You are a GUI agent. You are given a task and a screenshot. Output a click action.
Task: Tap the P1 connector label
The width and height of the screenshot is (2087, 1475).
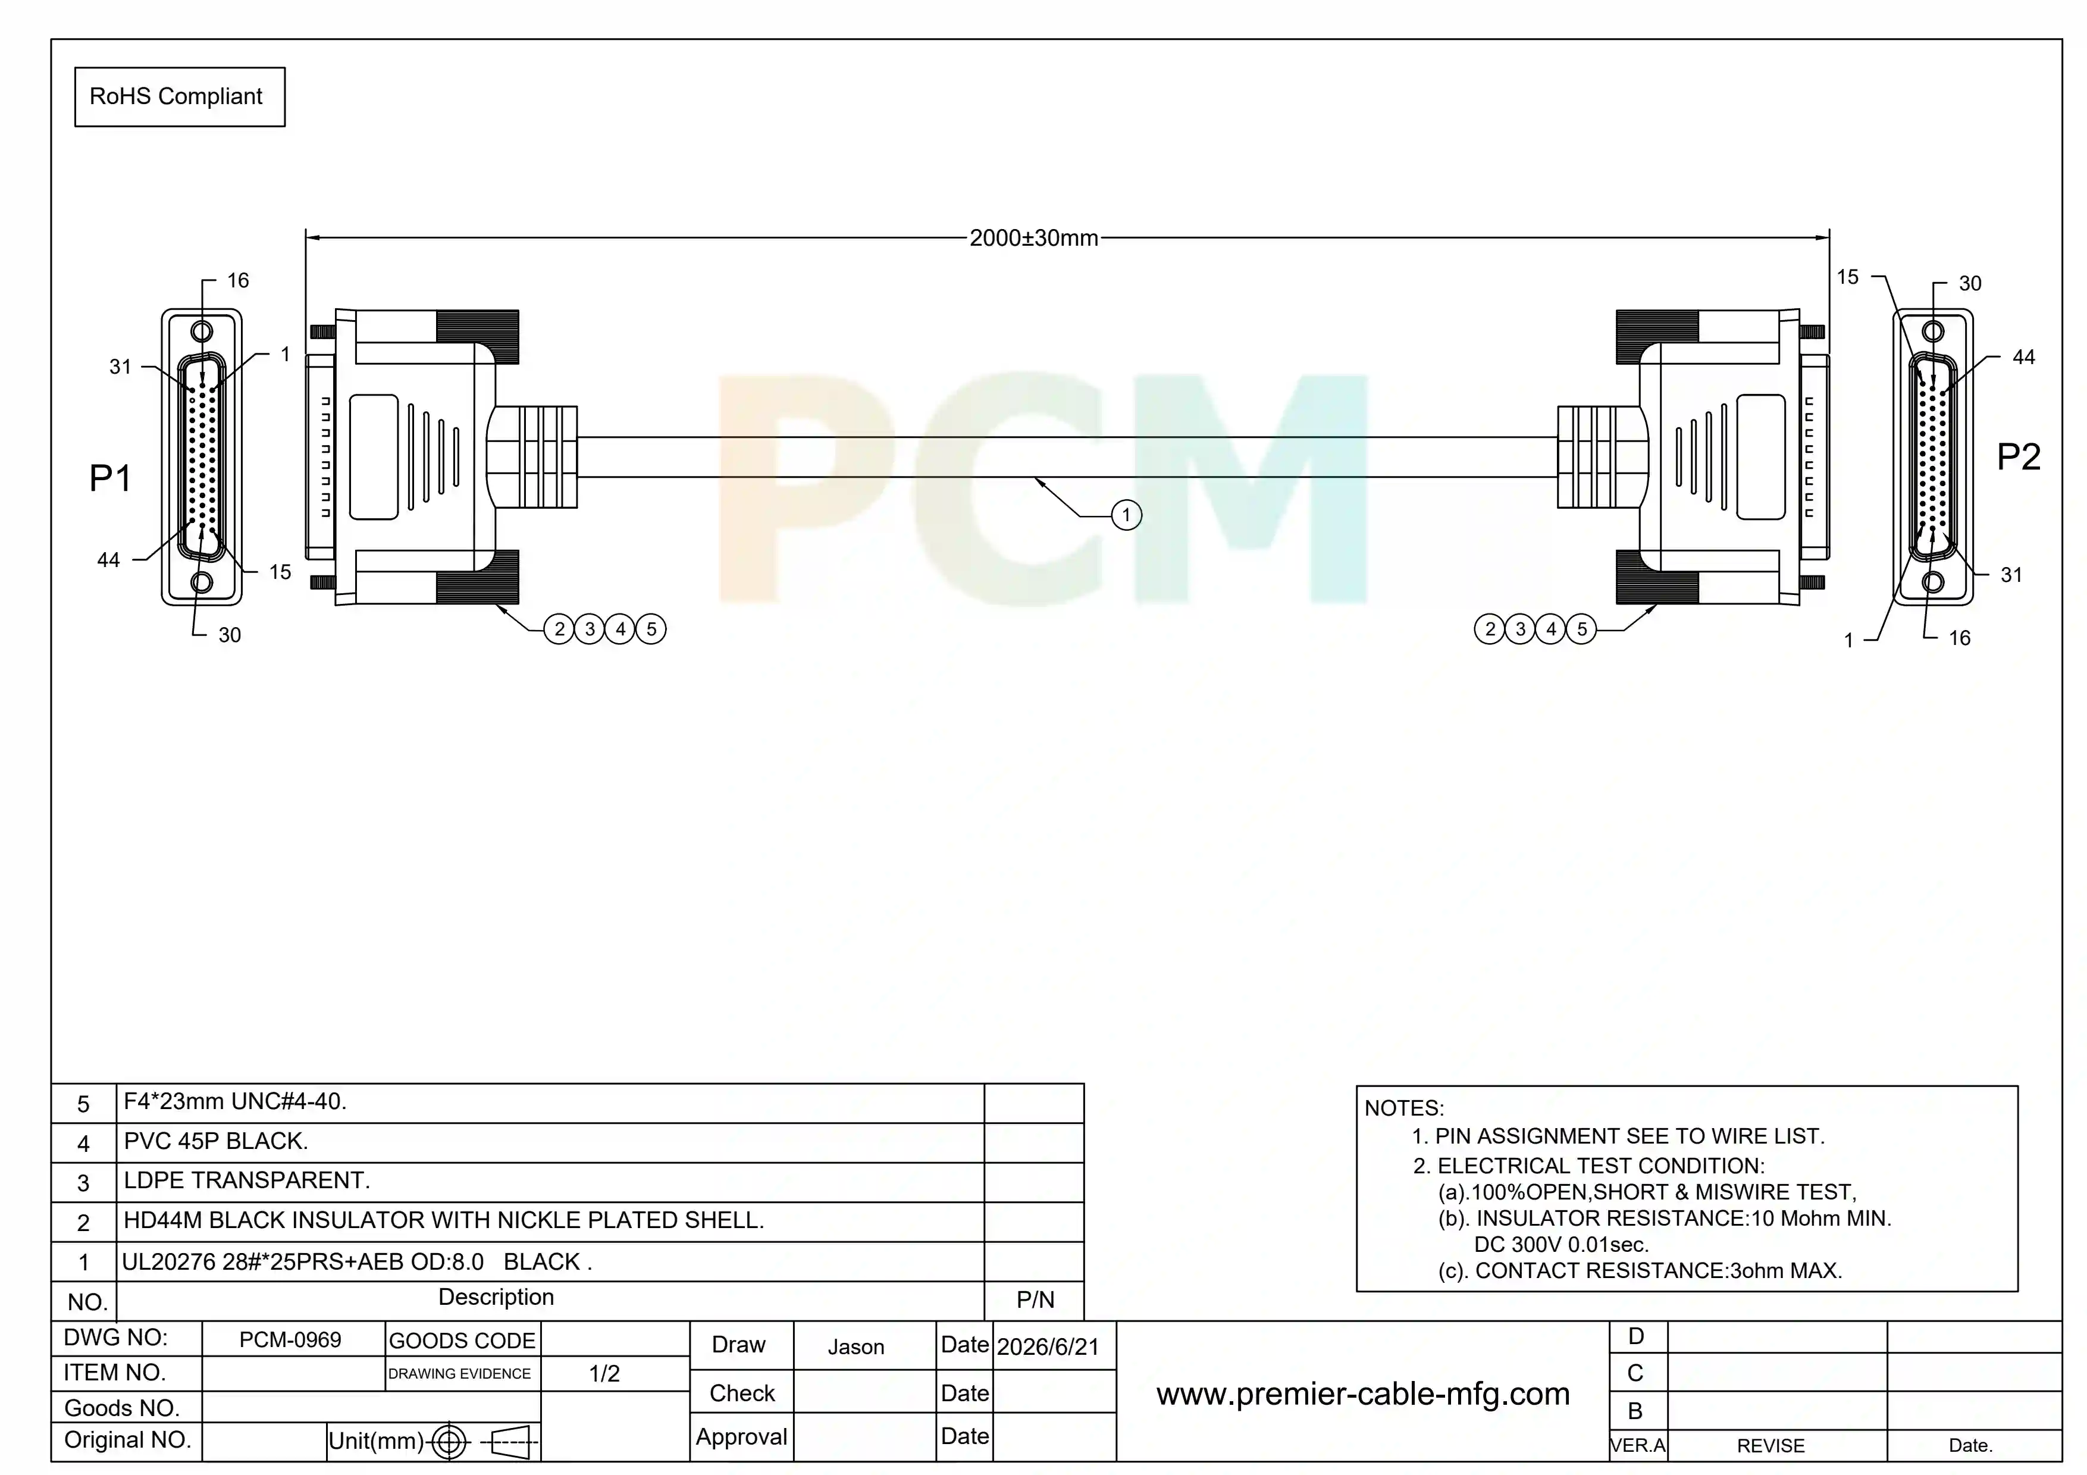pyautogui.click(x=110, y=478)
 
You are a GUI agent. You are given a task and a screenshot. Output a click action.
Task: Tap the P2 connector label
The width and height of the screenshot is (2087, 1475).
pyautogui.click(x=2018, y=456)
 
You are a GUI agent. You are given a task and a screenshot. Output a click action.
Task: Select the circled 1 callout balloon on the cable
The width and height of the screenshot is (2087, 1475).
pyautogui.click(x=1126, y=515)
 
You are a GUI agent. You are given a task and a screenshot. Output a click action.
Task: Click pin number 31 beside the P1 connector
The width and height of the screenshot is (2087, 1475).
pyautogui.click(x=121, y=367)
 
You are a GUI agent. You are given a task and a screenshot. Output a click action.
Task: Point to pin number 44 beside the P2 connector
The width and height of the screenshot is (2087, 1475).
pyautogui.click(x=2023, y=357)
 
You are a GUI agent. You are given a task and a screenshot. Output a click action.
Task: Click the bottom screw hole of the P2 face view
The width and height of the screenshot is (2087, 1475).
pyautogui.click(x=1934, y=582)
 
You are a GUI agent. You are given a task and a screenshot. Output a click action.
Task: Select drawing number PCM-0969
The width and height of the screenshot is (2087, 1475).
pyautogui.click(x=290, y=1339)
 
